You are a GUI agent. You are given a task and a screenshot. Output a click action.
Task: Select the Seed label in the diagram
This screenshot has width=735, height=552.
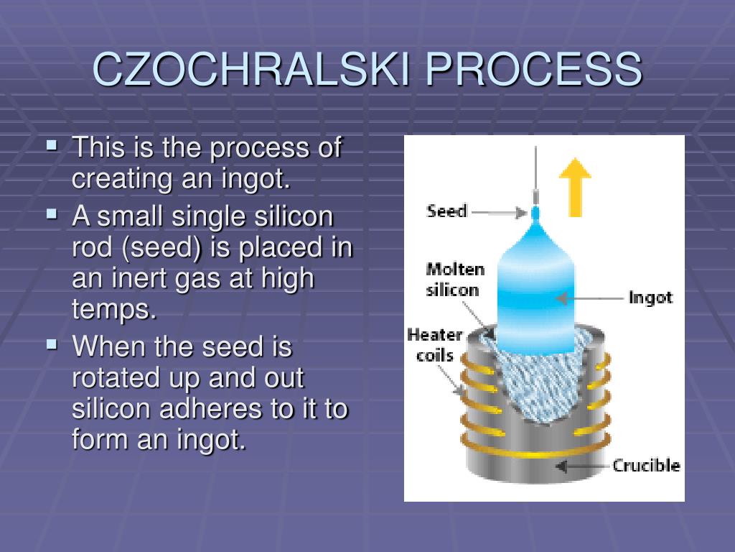coord(446,211)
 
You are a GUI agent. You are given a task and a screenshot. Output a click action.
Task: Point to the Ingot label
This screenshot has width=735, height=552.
coord(650,297)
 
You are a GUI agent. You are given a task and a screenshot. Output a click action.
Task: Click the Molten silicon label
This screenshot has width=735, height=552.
coord(454,280)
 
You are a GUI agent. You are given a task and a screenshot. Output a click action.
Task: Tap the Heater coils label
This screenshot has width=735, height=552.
coord(435,344)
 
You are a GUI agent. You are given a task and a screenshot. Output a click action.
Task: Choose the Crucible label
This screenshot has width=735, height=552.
coord(646,465)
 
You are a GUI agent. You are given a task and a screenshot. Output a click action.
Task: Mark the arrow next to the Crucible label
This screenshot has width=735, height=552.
coord(581,466)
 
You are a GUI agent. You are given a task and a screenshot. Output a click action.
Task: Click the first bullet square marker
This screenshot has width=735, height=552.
coord(52,145)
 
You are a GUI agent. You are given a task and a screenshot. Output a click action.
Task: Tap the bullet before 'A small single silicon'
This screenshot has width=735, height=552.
coord(52,213)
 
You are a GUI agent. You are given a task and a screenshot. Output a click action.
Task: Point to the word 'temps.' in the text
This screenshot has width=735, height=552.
coord(114,309)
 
